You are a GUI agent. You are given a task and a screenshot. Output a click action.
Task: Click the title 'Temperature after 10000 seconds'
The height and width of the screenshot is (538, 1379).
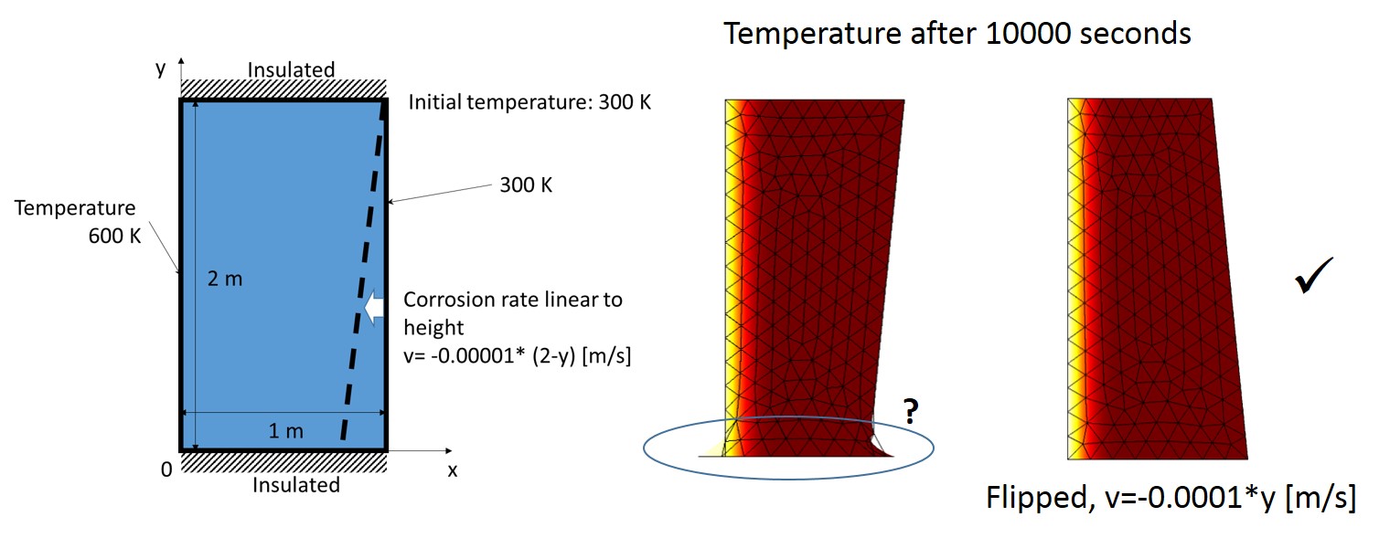pyautogui.click(x=957, y=34)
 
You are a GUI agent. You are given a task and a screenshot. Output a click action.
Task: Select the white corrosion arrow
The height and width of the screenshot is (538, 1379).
pyautogui.click(x=374, y=308)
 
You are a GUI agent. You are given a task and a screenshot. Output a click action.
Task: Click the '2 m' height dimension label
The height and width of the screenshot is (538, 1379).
pyautogui.click(x=225, y=279)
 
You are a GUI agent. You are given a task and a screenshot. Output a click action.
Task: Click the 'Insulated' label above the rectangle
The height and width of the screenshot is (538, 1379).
pyautogui.click(x=291, y=69)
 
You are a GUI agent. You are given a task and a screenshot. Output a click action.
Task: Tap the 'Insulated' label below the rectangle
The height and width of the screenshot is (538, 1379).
pyautogui.click(x=295, y=485)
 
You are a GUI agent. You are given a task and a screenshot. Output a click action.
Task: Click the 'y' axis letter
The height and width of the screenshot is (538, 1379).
pyautogui.click(x=161, y=69)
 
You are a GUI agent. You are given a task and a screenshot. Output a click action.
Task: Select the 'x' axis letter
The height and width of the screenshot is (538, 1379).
pyautogui.click(x=452, y=470)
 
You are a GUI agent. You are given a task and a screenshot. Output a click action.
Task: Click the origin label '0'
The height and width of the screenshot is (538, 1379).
pyautogui.click(x=166, y=469)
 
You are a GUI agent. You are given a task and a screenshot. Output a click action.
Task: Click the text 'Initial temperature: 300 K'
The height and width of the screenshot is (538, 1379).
pyautogui.click(x=529, y=102)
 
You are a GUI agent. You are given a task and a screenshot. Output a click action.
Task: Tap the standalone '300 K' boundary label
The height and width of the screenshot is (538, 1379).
pyautogui.click(x=526, y=185)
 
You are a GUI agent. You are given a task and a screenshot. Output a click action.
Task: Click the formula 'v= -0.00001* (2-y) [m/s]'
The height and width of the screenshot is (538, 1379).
pyautogui.click(x=518, y=357)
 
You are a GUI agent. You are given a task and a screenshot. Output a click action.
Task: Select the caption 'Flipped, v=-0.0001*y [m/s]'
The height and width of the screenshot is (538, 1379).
pyautogui.click(x=1171, y=498)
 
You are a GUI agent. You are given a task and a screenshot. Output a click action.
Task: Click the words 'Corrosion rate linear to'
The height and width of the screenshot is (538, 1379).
pyautogui.click(x=513, y=300)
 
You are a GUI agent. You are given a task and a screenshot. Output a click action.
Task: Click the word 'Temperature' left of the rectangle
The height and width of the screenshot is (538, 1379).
pyautogui.click(x=75, y=208)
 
